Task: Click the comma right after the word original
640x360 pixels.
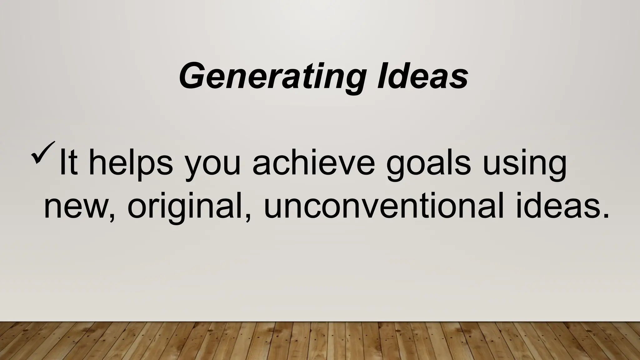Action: pos(248,217)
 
